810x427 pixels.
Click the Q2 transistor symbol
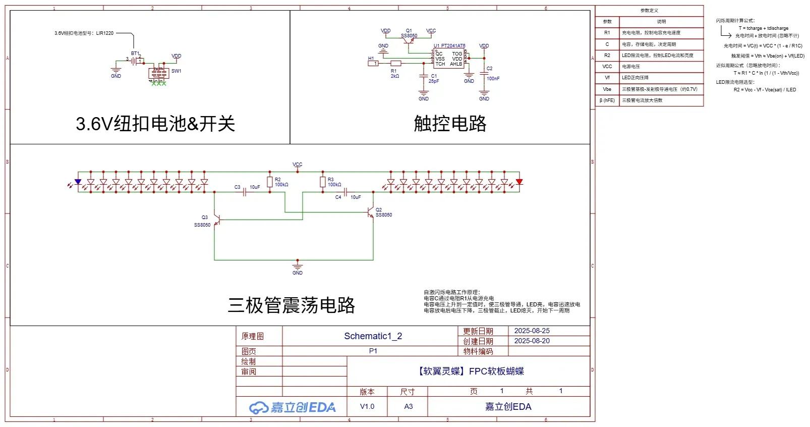(x=372, y=212)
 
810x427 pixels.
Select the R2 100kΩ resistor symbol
(x=270, y=182)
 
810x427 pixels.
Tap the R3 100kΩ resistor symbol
(x=323, y=182)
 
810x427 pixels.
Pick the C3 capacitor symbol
(x=245, y=192)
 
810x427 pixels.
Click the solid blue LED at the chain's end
(x=78, y=182)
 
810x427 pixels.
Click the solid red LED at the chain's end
(x=519, y=182)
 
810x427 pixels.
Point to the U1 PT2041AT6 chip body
(x=448, y=59)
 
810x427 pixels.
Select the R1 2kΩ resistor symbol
(x=396, y=63)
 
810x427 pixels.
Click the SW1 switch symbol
(x=158, y=73)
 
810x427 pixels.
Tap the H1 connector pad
(x=373, y=63)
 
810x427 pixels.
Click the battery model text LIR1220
(x=105, y=33)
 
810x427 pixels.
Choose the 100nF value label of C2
(x=493, y=78)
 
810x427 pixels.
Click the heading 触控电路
(x=450, y=123)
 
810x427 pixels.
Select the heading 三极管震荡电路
(x=292, y=305)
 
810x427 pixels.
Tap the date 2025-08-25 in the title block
(x=532, y=331)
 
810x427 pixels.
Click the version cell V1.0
(x=367, y=406)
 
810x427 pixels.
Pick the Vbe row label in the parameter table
(x=607, y=89)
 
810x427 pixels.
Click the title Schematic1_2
(x=373, y=336)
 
